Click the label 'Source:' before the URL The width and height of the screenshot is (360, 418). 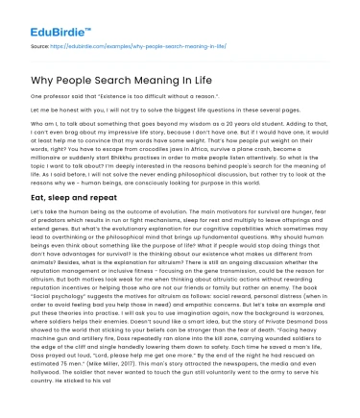click(41, 45)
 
